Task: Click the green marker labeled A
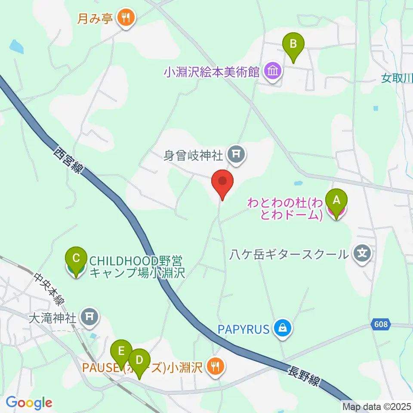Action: [336, 200]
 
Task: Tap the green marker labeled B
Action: [293, 44]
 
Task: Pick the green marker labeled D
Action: [139, 360]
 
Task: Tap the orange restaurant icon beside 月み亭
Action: [126, 18]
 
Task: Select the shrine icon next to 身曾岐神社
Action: [236, 153]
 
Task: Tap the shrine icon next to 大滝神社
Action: [89, 317]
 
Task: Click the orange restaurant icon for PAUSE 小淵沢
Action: [214, 366]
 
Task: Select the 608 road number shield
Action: [381, 325]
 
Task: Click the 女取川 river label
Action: [397, 78]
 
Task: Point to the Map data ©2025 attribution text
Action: [376, 406]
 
